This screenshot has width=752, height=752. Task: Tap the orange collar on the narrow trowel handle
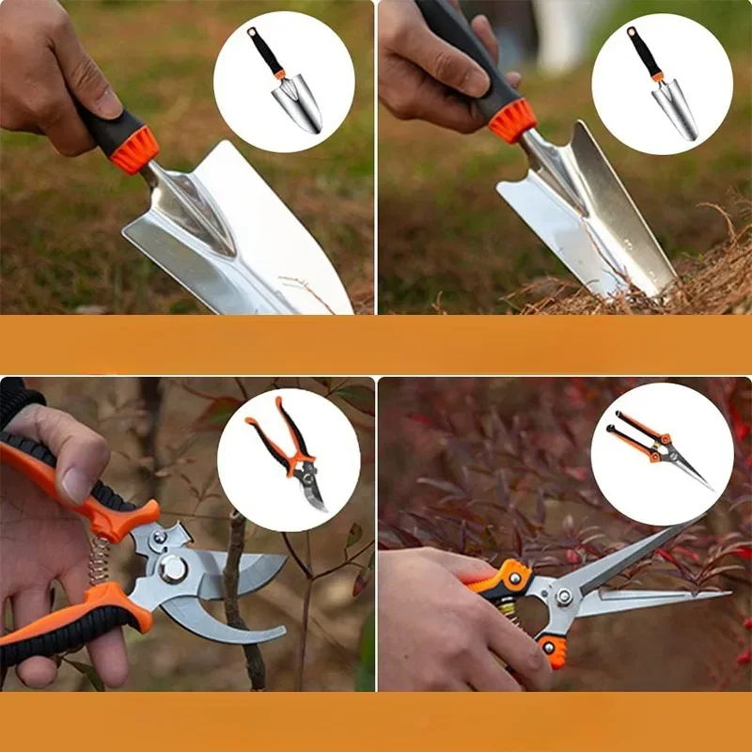pos(513,119)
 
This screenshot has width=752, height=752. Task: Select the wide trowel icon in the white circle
pos(285,80)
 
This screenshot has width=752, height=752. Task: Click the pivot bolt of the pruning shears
pos(172,569)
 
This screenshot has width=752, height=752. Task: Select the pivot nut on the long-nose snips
pos(564,596)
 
